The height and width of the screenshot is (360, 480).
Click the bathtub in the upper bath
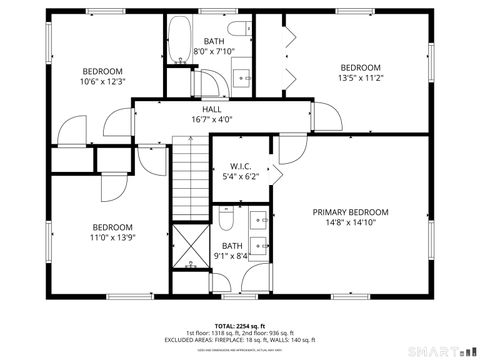(x=181, y=41)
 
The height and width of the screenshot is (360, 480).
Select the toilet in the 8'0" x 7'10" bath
(x=236, y=29)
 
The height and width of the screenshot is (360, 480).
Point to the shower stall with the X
(x=188, y=247)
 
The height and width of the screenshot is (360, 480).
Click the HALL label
(x=212, y=109)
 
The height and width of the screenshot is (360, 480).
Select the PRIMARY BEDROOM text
(x=350, y=212)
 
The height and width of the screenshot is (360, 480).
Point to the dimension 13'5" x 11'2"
(x=360, y=78)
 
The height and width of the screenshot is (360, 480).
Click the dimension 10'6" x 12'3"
(x=102, y=82)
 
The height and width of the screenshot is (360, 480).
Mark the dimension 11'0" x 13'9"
(x=113, y=238)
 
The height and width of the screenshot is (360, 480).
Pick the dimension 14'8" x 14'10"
(x=350, y=224)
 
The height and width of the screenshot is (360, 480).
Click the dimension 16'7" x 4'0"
(x=212, y=119)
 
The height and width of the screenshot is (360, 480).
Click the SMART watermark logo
(x=441, y=351)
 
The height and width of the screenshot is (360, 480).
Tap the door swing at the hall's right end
(x=328, y=115)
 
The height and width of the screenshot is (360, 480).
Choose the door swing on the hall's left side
(x=74, y=130)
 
